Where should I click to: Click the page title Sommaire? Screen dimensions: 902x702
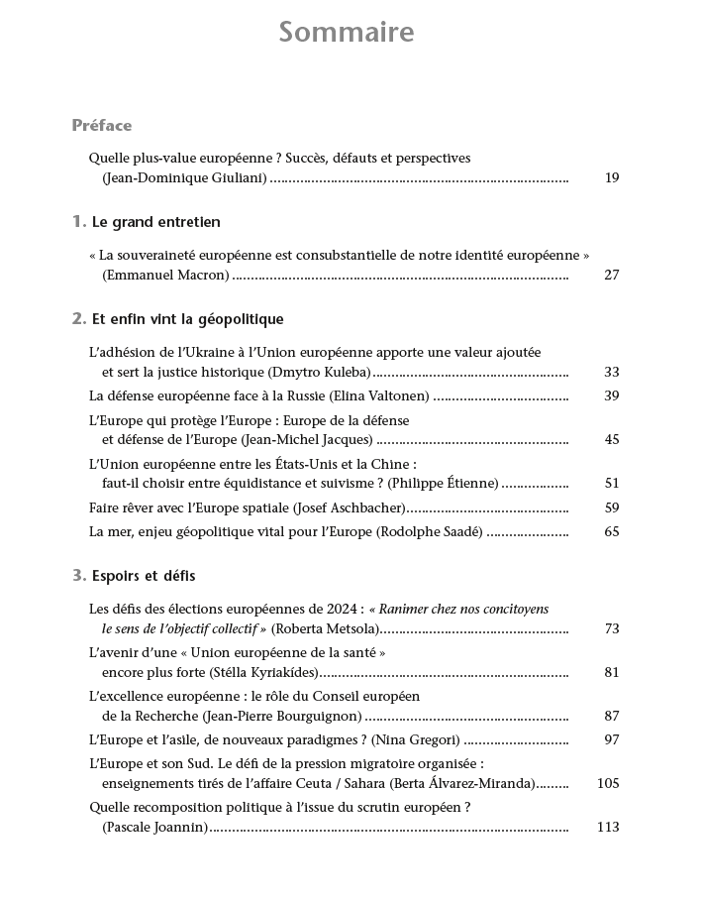347,33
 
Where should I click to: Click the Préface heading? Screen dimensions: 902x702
102,126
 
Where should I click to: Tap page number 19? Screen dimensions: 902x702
611,178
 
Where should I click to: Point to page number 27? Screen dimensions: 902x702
611,275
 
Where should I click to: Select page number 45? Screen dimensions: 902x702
611,439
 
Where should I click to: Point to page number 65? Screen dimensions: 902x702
611,531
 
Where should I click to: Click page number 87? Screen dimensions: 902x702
611,716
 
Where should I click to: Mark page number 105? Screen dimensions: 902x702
608,783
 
